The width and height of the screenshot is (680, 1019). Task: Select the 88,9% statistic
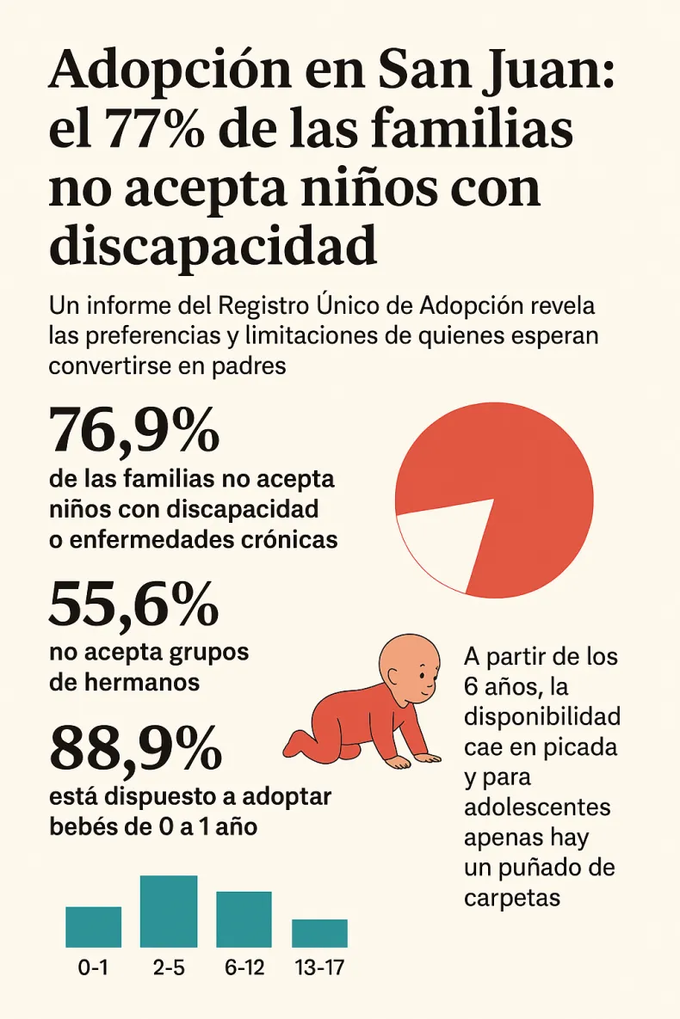pos(135,748)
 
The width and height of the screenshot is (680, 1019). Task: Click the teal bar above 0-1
pos(93,926)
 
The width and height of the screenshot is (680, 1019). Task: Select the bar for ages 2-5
pos(169,911)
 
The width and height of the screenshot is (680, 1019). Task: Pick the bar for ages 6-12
pos(244,918)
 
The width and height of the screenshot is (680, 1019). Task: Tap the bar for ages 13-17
pos(319,933)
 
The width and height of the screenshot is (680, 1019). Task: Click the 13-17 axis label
pos(319,967)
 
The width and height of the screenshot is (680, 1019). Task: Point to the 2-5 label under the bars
pos(169,967)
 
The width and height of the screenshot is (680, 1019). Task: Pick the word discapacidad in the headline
pos(213,244)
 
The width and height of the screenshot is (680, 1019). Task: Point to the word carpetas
pos(511,897)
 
